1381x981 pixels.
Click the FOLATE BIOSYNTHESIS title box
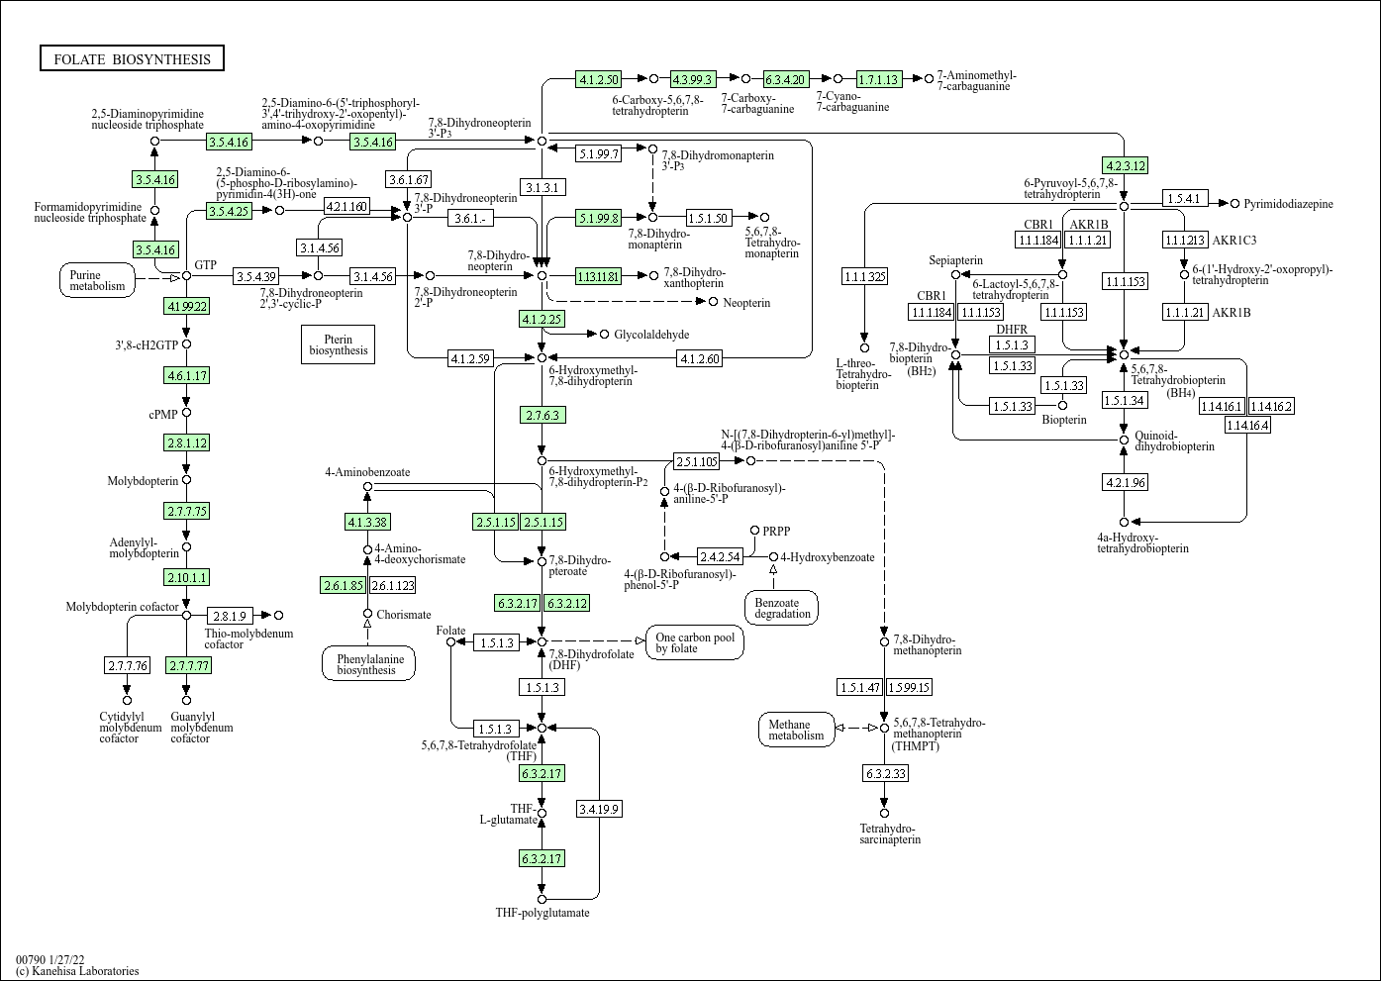[132, 59]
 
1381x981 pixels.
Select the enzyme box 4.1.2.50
[598, 79]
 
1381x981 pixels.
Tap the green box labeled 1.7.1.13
[878, 79]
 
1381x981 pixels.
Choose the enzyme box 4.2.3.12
[1125, 165]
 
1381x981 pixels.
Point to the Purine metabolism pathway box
[98, 281]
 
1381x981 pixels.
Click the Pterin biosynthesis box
[338, 343]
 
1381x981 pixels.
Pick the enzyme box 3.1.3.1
[542, 187]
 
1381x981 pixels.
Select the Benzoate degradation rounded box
[782, 608]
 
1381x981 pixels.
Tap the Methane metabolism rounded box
[796, 730]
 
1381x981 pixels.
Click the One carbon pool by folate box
[695, 642]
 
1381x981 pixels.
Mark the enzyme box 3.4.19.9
[599, 809]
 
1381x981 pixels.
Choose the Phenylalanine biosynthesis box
[368, 663]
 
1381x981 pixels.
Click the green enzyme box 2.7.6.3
[542, 415]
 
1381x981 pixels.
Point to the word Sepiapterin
[955, 260]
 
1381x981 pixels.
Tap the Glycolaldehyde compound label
[651, 335]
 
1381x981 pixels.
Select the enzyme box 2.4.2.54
[720, 556]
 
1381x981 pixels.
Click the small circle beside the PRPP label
[754, 531]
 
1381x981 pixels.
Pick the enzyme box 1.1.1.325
[864, 276]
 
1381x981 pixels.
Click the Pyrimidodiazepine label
[1288, 204]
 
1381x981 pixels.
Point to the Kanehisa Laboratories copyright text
[77, 971]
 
